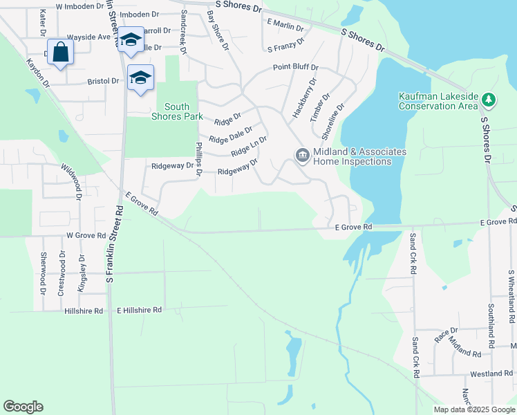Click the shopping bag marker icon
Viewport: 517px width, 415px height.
61,52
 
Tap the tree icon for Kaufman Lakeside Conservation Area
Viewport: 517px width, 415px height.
489,100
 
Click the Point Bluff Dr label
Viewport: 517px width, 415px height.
295,67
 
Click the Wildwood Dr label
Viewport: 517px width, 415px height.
72,181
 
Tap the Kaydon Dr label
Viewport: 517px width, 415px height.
39,73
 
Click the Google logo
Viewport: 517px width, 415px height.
23,407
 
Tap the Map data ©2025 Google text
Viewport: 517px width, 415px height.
473,409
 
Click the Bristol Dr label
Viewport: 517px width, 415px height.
104,81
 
